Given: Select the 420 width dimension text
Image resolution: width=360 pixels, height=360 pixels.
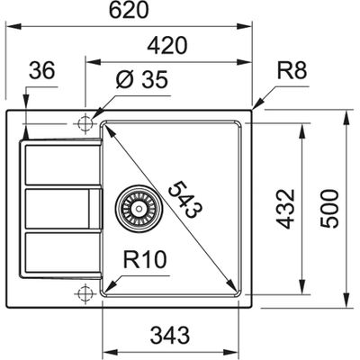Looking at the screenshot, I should click(x=168, y=47).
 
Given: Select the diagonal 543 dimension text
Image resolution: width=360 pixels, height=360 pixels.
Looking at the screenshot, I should click(x=185, y=201).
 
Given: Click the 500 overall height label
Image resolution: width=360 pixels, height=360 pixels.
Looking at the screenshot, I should click(x=335, y=207).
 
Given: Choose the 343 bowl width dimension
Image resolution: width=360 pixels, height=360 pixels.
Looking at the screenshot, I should click(x=172, y=334).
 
